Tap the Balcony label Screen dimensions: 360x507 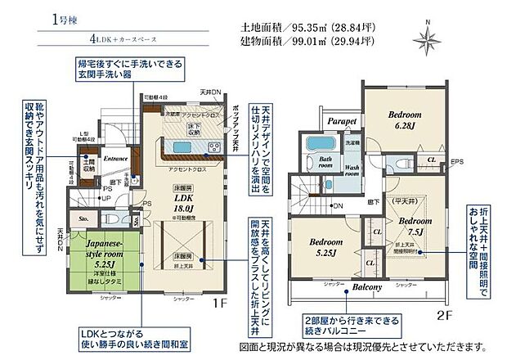369,288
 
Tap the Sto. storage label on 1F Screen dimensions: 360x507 83,219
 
